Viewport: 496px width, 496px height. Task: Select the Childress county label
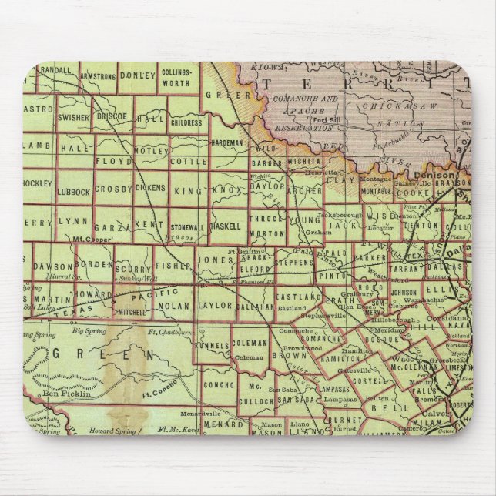coord(186,122)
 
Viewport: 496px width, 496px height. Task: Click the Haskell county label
coord(227,228)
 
